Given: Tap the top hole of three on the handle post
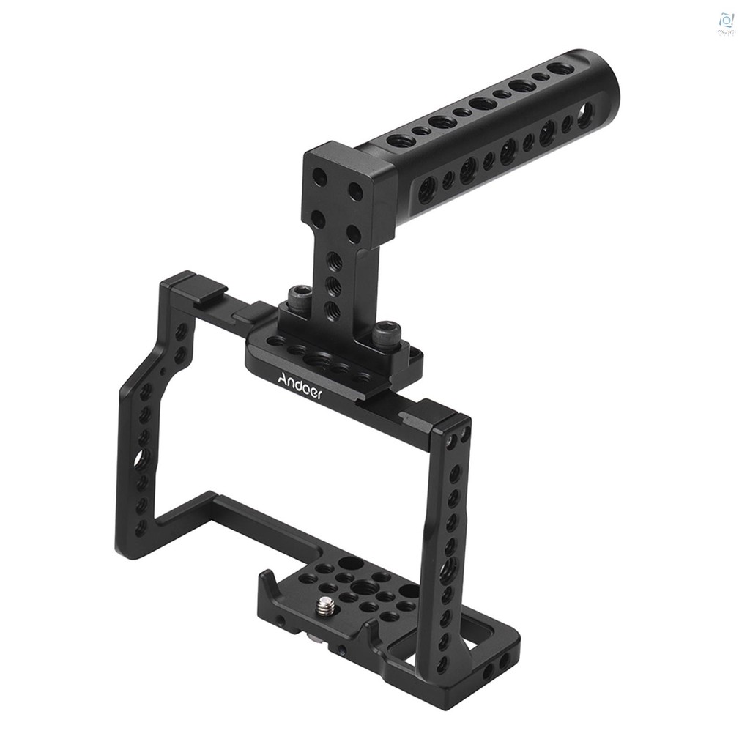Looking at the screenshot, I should pos(334,260).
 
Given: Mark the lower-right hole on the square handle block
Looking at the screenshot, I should pos(353,235).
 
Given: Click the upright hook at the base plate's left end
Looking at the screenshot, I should pos(269,587).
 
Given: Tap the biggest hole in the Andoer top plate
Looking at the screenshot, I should pos(319,360).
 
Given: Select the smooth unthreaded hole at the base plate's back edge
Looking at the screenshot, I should pos(352,563).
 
